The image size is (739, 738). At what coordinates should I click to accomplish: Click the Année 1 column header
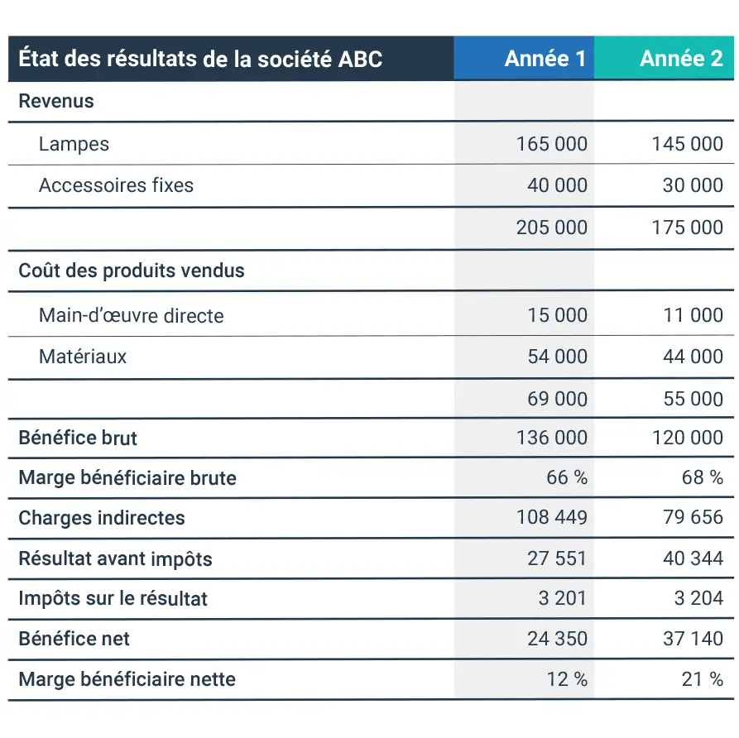(x=545, y=59)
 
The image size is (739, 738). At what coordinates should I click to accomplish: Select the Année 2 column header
(x=681, y=59)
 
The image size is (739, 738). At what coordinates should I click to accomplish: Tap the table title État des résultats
(x=200, y=59)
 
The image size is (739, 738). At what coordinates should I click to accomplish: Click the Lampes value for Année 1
(x=551, y=144)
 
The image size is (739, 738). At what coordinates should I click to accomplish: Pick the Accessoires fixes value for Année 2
(x=693, y=185)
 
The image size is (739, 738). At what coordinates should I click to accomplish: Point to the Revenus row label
(x=56, y=102)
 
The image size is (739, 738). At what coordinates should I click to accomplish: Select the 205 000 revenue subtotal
(x=551, y=228)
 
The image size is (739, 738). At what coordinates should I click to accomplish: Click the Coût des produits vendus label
(x=132, y=271)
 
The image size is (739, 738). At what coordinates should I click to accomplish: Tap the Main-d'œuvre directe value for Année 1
(x=557, y=315)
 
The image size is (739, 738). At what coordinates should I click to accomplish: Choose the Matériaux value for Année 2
(x=693, y=357)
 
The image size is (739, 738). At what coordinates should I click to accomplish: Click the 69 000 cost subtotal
(x=557, y=399)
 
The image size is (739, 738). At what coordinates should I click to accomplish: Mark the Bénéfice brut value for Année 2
(x=687, y=437)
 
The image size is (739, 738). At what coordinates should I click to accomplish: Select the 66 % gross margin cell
(x=567, y=477)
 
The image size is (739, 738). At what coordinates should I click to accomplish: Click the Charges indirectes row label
(x=102, y=518)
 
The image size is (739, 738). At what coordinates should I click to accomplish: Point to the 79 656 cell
(x=693, y=517)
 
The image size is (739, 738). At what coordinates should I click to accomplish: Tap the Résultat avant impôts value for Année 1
(x=557, y=558)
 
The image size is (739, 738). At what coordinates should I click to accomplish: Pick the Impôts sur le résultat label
(x=113, y=598)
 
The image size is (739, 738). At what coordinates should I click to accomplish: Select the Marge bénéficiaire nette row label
(x=127, y=679)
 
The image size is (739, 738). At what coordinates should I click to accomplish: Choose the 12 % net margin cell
(x=567, y=679)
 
